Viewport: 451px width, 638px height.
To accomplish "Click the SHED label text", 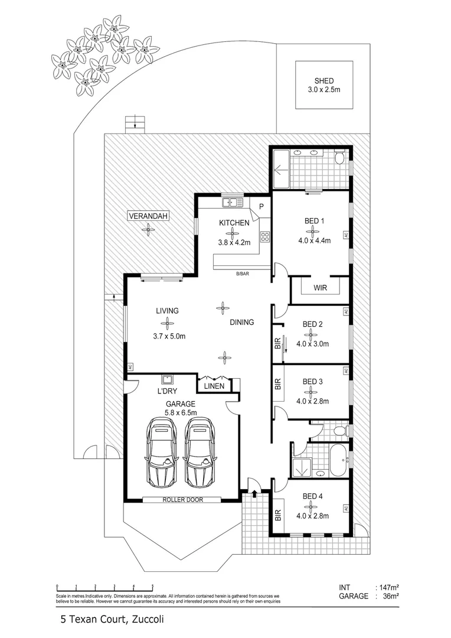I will click(323, 82).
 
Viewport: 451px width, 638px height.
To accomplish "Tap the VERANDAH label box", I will click(148, 217).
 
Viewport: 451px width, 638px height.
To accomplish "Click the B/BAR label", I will click(242, 274).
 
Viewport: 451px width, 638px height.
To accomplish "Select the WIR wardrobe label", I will click(321, 288).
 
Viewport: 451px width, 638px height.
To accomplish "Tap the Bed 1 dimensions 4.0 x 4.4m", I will click(314, 240).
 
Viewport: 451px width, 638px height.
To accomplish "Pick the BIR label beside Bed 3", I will click(278, 385).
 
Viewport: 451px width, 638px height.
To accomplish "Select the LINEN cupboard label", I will click(213, 386).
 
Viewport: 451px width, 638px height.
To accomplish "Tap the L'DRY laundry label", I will click(168, 391).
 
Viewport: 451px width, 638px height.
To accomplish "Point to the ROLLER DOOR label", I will click(182, 500).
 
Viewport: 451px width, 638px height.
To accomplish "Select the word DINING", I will click(242, 323).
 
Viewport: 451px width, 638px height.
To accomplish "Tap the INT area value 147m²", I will click(388, 588).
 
